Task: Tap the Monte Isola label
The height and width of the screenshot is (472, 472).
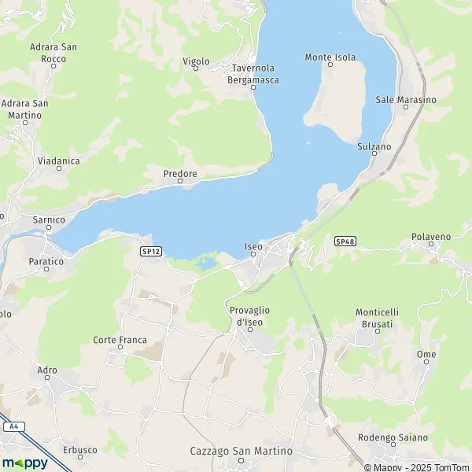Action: pos(330,57)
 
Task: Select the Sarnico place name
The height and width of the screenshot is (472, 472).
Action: pos(49,219)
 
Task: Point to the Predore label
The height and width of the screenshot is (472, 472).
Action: pos(179,173)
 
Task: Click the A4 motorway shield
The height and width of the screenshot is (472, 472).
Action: pos(13,426)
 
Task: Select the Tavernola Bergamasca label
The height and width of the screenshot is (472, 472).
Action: pos(253,74)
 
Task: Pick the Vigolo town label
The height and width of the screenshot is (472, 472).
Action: pos(196,61)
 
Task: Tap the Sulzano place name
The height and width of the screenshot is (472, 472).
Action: pos(374,147)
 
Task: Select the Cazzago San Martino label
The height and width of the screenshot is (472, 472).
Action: pos(242,451)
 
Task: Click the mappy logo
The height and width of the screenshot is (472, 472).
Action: pos(25,463)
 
